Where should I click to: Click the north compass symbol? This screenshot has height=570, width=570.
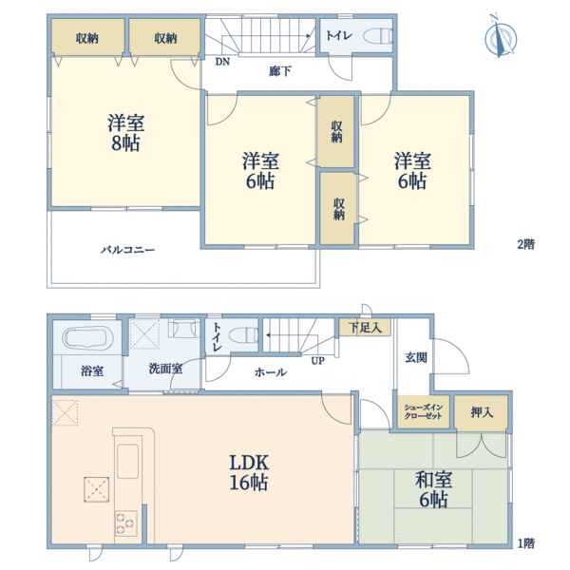click(501, 36)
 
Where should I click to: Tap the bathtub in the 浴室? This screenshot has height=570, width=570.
click(86, 337)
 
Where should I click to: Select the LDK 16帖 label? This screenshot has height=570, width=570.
click(249, 472)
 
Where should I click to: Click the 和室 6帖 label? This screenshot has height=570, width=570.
click(434, 489)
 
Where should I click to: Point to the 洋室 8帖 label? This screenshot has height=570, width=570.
click(125, 133)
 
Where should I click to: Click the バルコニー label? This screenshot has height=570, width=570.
click(128, 250)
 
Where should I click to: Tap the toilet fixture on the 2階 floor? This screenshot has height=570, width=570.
click(378, 36)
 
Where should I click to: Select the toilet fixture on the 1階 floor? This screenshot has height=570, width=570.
click(245, 334)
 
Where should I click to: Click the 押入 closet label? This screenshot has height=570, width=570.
click(482, 412)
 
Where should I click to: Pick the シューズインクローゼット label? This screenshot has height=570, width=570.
click(423, 412)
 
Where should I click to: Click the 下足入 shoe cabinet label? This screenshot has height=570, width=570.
click(365, 328)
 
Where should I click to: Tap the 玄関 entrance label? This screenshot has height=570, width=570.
click(416, 358)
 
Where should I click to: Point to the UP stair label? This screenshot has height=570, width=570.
click(317, 361)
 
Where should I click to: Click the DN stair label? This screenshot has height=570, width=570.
click(222, 62)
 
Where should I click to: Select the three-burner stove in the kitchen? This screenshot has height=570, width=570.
click(126, 523)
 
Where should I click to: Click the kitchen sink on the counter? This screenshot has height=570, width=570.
click(127, 462)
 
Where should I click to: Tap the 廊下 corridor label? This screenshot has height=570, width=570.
click(280, 71)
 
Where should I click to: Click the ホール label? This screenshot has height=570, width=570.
click(271, 372)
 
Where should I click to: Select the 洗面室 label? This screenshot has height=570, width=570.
click(165, 369)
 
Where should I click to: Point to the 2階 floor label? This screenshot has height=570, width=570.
click(526, 244)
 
